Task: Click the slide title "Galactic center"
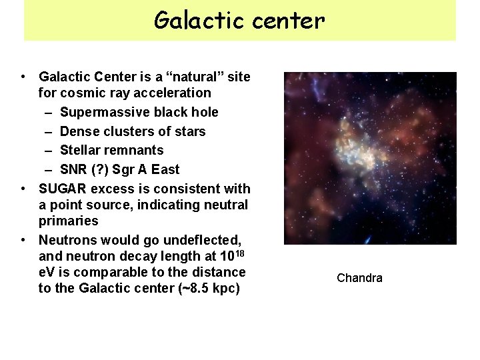pyautogui.click(x=239, y=21)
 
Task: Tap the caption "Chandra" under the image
pyautogui.click(x=359, y=278)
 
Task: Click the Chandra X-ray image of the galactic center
pyautogui.click(x=370, y=158)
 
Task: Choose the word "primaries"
pyautogui.click(x=68, y=221)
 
